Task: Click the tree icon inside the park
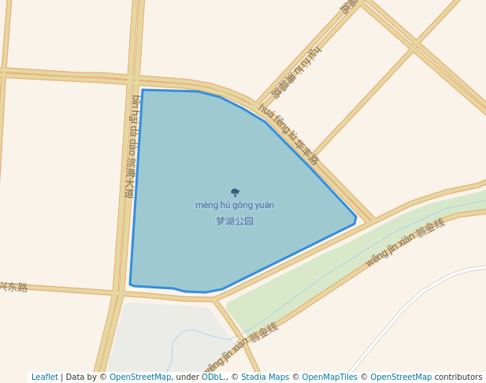[235, 192]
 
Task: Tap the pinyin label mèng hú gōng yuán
[235, 205]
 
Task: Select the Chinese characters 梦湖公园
[235, 221]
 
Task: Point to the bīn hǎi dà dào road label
[132, 146]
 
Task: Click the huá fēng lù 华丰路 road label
[289, 134]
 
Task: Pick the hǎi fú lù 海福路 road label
[297, 72]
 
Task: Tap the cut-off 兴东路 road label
[13, 287]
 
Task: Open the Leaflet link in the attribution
[44, 377]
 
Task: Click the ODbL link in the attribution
[213, 377]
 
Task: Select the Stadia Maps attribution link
[265, 377]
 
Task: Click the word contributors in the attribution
[458, 377]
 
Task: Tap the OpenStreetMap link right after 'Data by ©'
[139, 377]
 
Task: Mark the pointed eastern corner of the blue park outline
[356, 218]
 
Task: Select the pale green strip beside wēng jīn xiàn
[331, 260]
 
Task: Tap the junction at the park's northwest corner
[135, 80]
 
